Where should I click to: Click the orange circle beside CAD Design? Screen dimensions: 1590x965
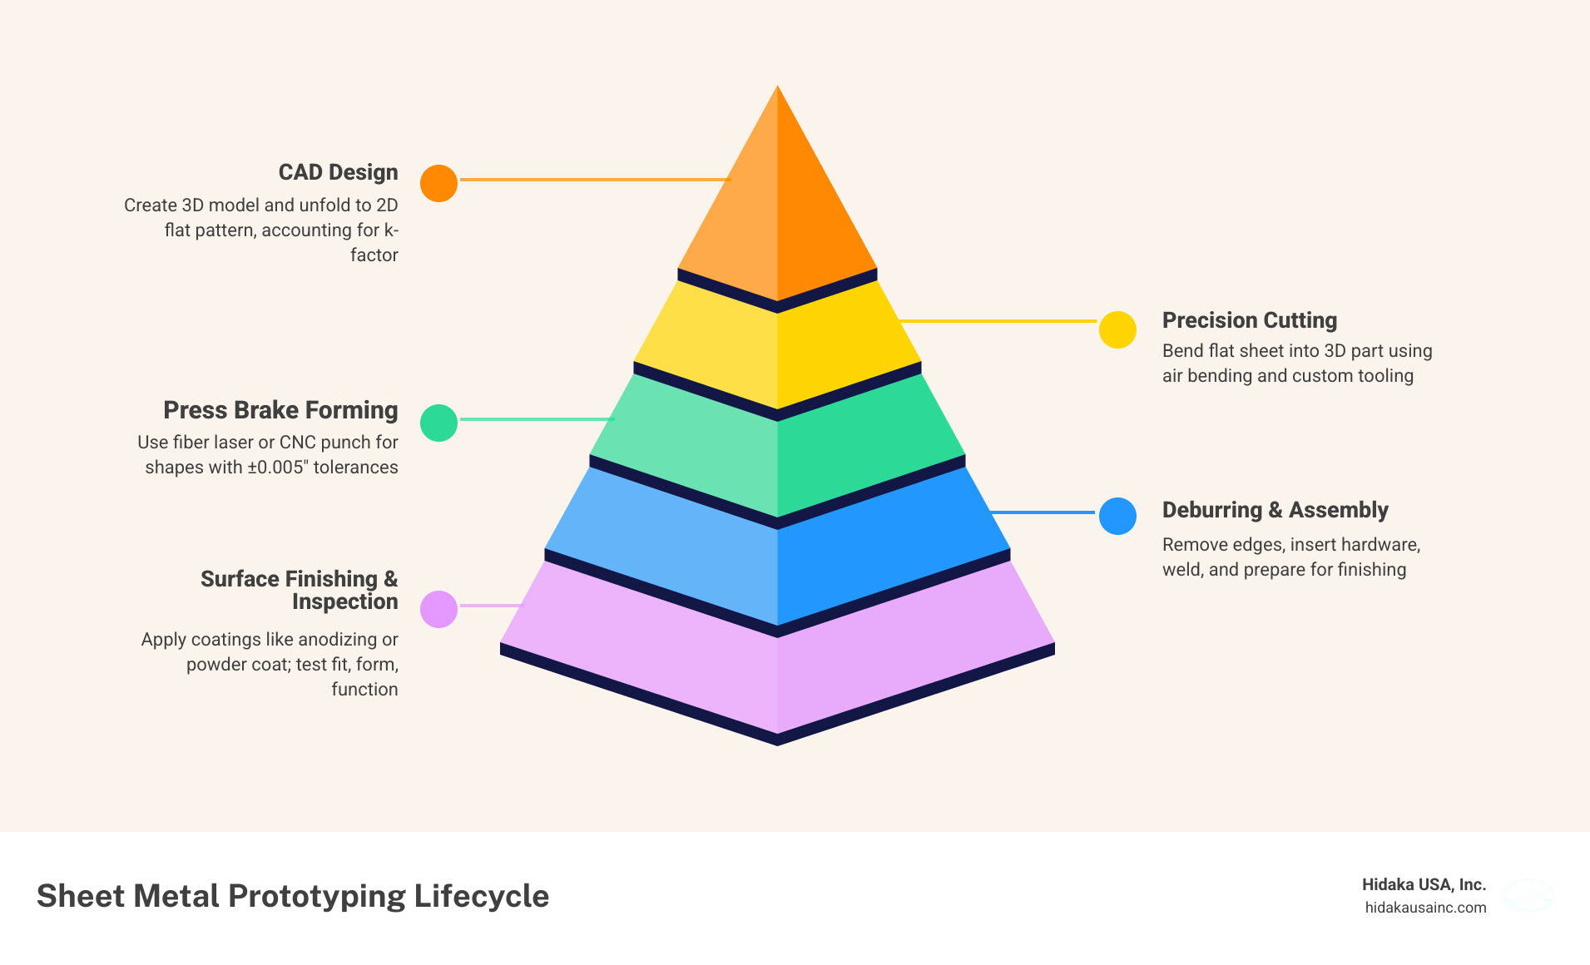tap(438, 183)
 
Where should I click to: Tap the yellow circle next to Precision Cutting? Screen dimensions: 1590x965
tap(1117, 330)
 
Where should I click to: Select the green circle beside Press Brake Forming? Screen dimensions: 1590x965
tap(438, 423)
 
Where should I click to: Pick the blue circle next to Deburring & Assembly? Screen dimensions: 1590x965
tap(1117, 516)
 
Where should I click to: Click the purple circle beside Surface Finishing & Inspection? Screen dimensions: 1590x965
tap(438, 609)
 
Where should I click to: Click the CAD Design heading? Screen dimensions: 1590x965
tap(338, 172)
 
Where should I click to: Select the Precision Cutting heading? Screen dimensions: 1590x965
tap(1249, 320)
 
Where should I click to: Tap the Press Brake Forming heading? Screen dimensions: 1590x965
tap(280, 410)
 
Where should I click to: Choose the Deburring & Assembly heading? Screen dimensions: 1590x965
tap(1275, 510)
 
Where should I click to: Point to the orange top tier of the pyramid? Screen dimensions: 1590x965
tap(777, 208)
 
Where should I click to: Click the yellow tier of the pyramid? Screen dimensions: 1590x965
tap(777, 349)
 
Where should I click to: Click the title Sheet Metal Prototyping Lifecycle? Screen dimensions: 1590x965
tap(293, 896)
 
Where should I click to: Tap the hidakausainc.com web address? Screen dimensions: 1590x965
tap(1425, 908)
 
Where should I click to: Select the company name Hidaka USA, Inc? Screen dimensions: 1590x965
tap(1424, 884)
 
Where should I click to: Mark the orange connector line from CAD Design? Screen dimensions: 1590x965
tap(594, 180)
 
